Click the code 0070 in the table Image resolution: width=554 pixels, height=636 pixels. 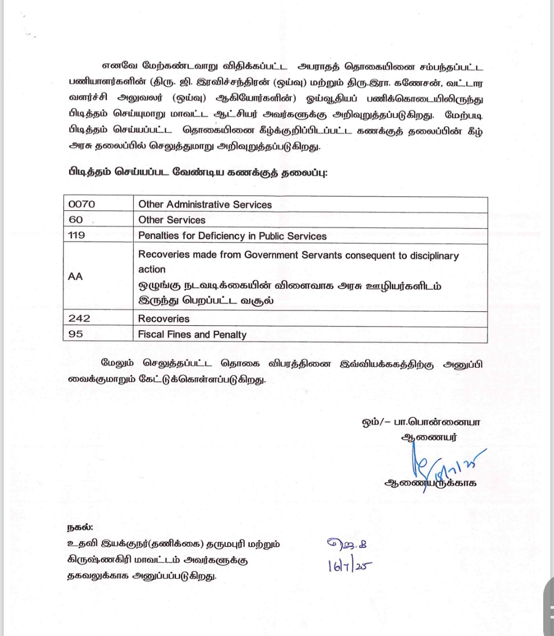[x=82, y=204]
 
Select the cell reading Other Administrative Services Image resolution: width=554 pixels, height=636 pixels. [x=205, y=205]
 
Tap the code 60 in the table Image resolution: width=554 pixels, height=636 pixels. [x=75, y=220]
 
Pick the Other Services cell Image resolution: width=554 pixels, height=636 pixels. [x=172, y=220]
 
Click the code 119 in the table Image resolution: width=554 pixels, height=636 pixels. [x=76, y=235]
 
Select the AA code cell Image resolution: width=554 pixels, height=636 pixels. [x=75, y=276]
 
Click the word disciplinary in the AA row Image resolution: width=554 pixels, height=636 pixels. [x=434, y=255]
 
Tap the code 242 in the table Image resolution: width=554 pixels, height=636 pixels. [x=79, y=319]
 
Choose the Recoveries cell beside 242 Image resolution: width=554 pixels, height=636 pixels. [x=164, y=319]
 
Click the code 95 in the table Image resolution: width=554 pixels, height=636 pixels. [x=75, y=334]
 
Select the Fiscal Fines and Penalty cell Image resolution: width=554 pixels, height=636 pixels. [x=192, y=335]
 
